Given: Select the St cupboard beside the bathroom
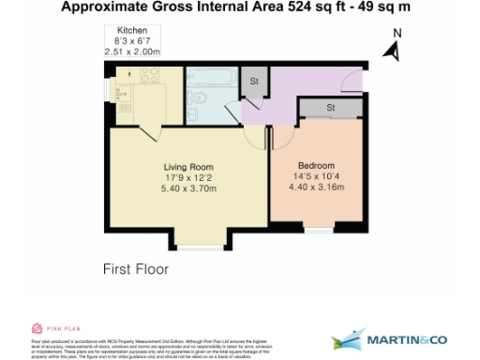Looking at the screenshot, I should pyautogui.click(x=254, y=81).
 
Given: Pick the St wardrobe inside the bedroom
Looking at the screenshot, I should pyautogui.click(x=330, y=109).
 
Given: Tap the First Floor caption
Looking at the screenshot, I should pyautogui.click(x=135, y=269).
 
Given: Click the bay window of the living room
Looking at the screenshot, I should pyautogui.click(x=200, y=246).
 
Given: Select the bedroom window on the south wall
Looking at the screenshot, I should pyautogui.click(x=319, y=230).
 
